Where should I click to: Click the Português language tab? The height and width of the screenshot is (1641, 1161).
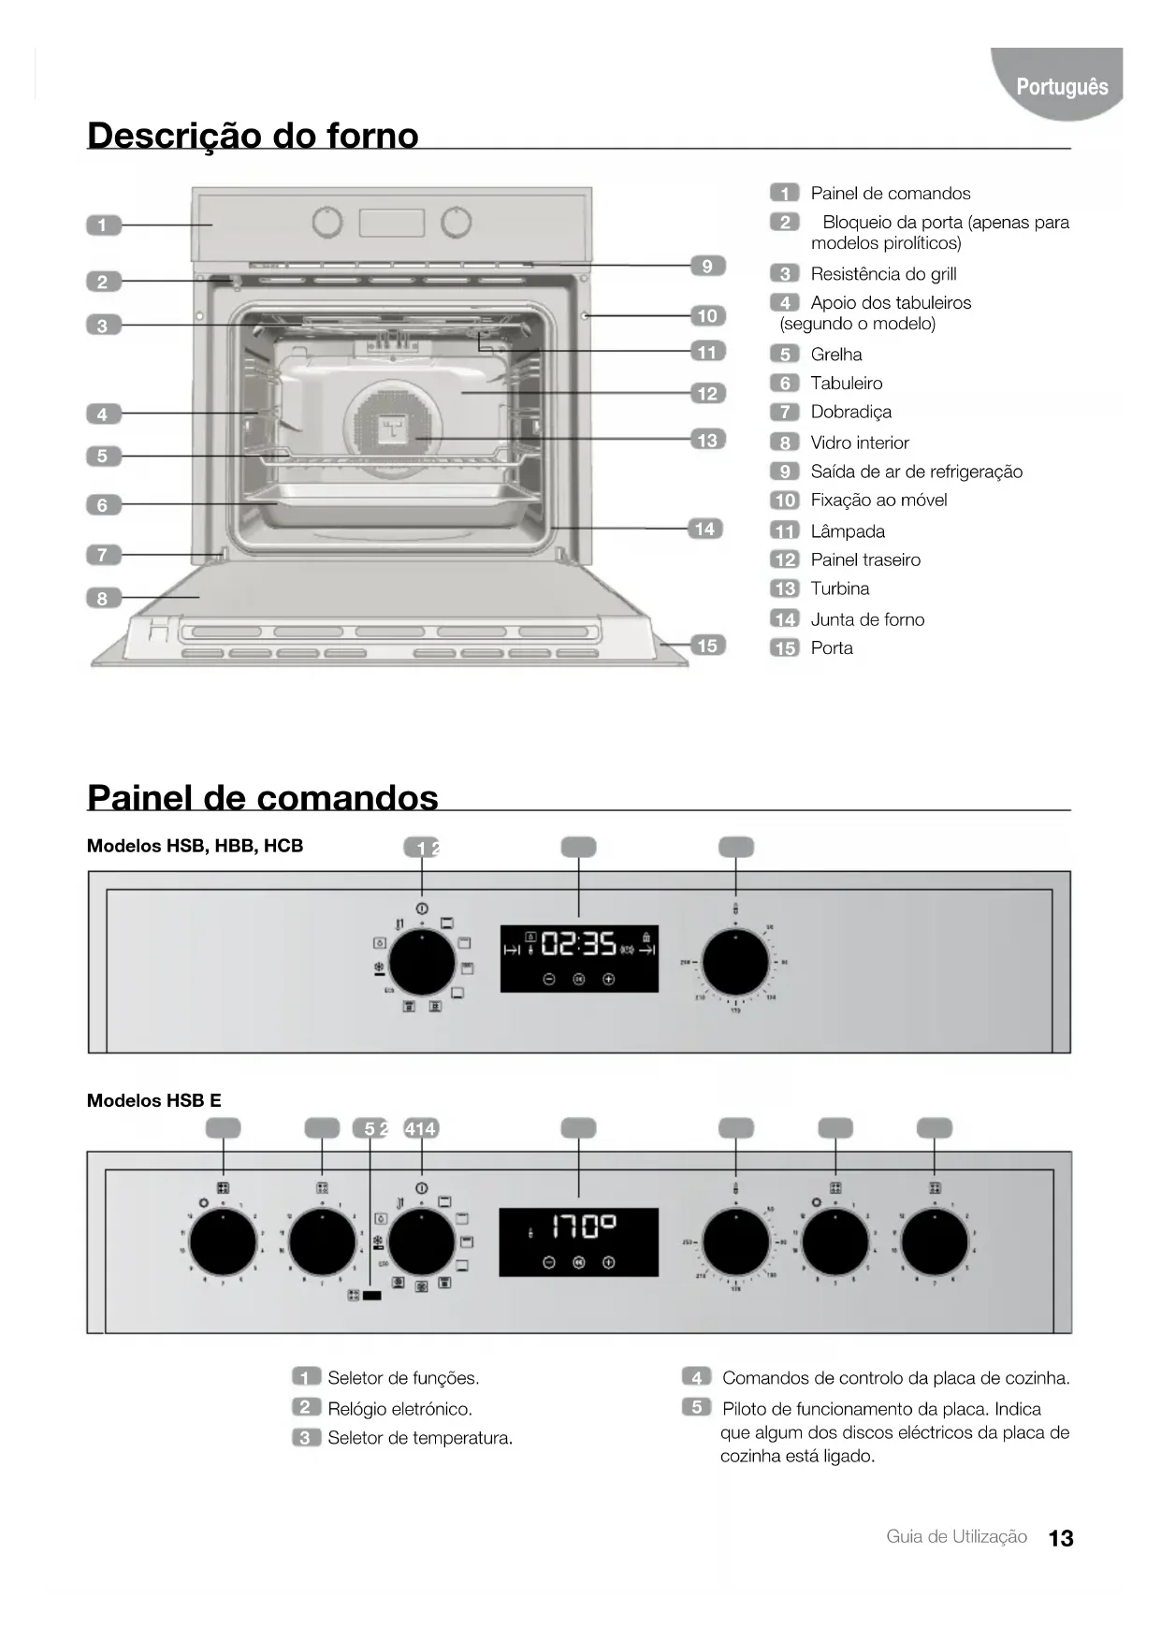point(1061,87)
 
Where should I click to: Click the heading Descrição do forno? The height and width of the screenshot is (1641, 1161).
point(253,136)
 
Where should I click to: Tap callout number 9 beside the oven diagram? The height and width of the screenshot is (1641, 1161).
point(707,266)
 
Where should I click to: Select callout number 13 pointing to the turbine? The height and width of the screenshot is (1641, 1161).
point(707,440)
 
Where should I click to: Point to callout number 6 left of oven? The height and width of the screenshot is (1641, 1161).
point(103,505)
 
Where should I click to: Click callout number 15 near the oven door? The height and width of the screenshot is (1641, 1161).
point(707,646)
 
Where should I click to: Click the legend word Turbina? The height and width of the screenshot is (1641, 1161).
point(839,588)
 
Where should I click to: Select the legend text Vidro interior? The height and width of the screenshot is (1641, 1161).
point(859,443)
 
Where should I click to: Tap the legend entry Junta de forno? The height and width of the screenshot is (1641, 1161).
point(866,619)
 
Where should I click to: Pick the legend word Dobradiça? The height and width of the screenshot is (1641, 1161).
point(850,412)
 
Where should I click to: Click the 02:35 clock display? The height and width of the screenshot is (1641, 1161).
point(578,945)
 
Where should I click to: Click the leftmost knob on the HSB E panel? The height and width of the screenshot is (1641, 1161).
point(223,1242)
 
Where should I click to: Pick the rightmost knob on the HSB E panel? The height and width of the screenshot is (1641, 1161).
point(934,1242)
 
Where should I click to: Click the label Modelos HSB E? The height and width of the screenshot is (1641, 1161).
point(153,1100)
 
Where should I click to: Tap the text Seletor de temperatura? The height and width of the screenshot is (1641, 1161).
point(419,1438)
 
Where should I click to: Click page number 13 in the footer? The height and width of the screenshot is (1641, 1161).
point(1061,1538)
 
